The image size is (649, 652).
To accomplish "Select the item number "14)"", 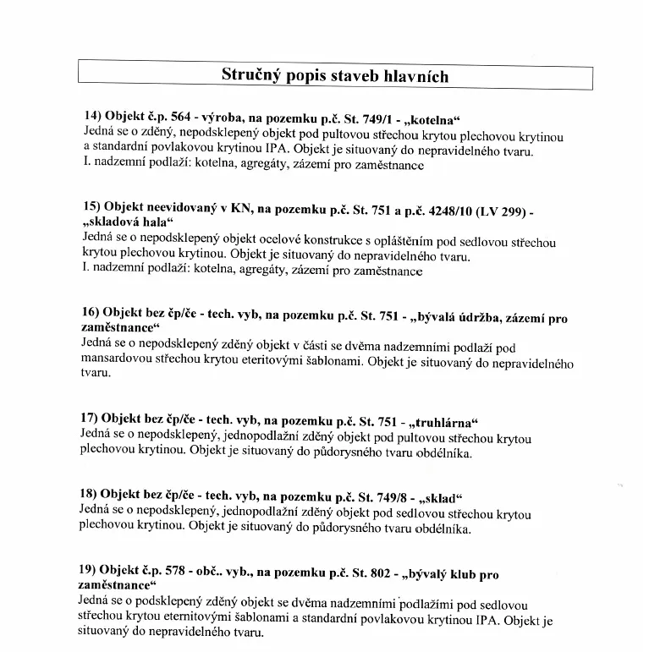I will click(92, 116).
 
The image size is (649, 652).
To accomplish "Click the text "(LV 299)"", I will click(501, 210).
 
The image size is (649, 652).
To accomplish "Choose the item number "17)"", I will click(92, 418).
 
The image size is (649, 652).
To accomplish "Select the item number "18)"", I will click(92, 493).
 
